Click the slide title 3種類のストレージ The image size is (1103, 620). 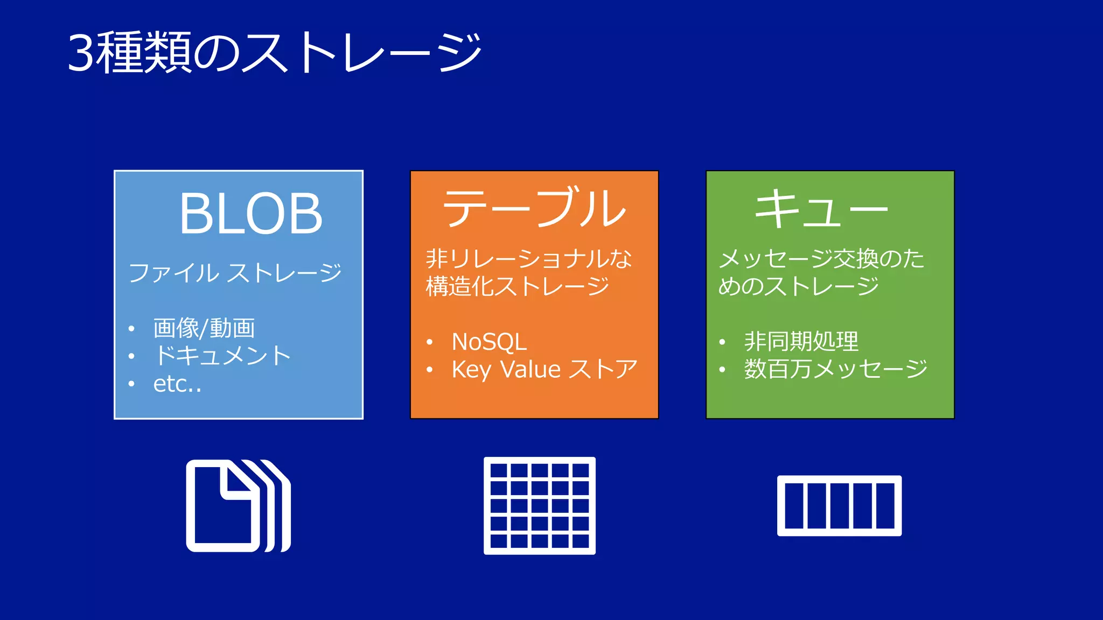(275, 52)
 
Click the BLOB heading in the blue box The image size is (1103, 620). (251, 214)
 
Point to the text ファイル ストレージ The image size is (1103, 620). (235, 272)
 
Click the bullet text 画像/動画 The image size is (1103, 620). (204, 328)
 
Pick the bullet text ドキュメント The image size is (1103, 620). (222, 356)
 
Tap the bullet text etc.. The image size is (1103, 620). (177, 384)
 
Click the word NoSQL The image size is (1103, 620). (489, 342)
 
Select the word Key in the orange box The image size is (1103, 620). (471, 370)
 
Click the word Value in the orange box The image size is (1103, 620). (530, 370)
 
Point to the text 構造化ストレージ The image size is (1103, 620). (517, 286)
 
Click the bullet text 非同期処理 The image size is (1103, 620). (801, 341)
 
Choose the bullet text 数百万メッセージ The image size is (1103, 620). (835, 369)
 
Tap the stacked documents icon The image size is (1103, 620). (238, 505)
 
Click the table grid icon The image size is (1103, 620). (540, 505)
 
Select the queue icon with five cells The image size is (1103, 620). (839, 505)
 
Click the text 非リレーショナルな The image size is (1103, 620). (529, 259)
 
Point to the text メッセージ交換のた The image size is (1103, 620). (821, 259)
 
